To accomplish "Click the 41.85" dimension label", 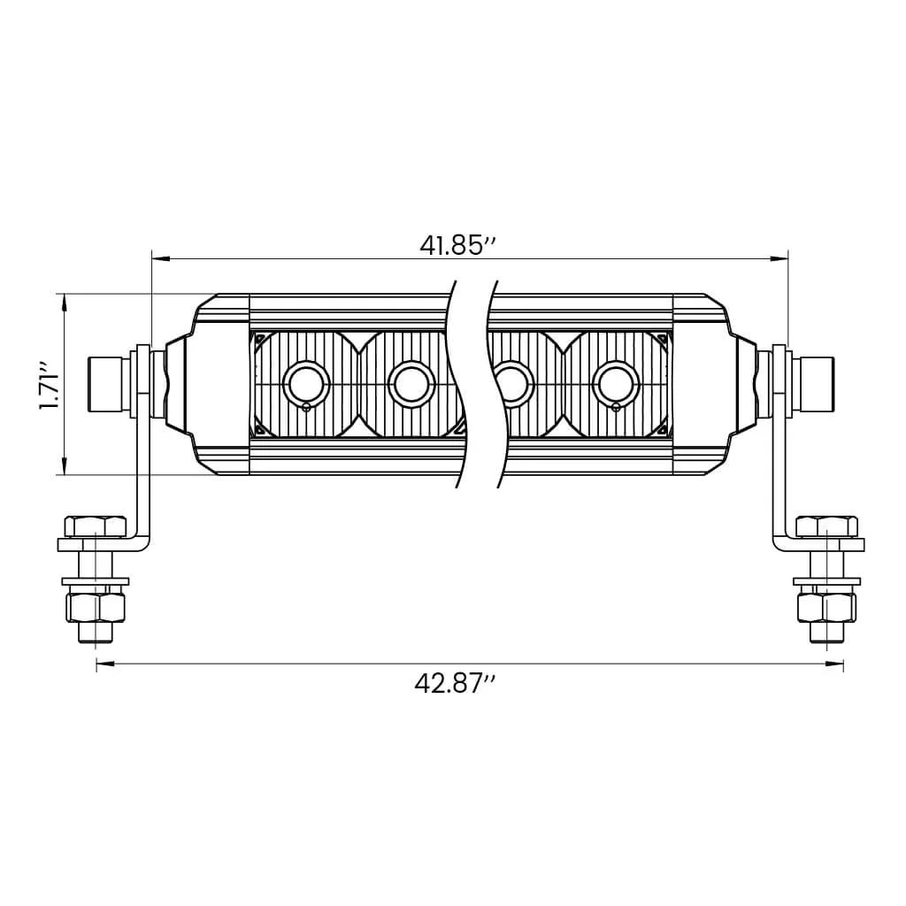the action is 457,246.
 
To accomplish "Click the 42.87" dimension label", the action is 456,684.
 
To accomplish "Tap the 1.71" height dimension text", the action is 50,387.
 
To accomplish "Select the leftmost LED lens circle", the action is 306,384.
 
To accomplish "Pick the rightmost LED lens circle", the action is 616,384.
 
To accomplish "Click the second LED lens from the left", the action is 412,384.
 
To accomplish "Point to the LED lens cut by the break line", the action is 513,384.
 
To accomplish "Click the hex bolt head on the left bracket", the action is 96,526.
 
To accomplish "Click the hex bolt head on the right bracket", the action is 827,526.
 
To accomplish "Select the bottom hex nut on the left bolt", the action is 96,607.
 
